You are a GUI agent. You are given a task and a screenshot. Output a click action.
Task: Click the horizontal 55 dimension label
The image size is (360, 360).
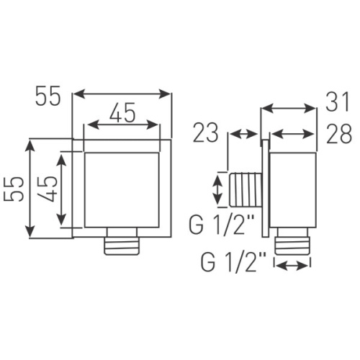point(48,96)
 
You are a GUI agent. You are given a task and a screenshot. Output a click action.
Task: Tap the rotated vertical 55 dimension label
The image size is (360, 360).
point(14,189)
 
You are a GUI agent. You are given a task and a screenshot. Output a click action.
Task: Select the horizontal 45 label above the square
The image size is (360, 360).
point(122,112)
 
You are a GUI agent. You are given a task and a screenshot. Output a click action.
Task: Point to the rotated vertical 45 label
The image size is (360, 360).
point(48,189)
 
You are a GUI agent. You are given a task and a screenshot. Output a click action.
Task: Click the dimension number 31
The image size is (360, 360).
point(337,102)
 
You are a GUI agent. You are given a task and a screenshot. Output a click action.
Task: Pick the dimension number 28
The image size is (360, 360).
point(339,134)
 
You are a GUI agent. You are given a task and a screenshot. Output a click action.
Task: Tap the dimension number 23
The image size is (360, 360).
point(206,132)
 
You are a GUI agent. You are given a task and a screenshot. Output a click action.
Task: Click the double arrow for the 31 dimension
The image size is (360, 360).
point(288,109)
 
